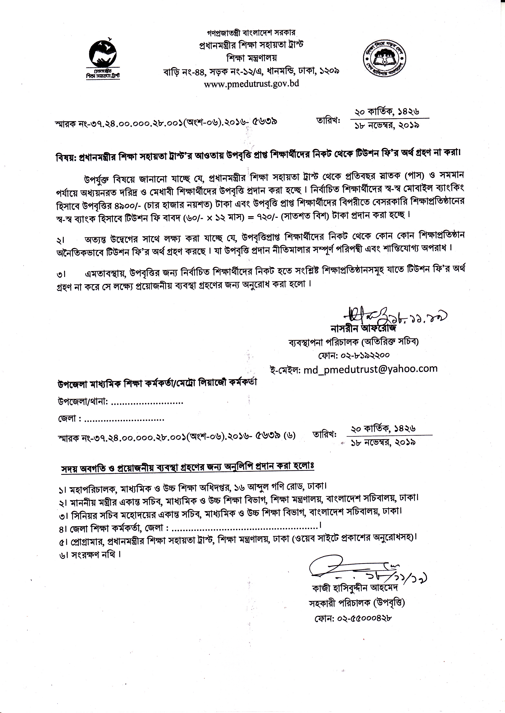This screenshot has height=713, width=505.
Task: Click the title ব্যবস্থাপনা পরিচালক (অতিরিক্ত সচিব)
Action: coord(354,342)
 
